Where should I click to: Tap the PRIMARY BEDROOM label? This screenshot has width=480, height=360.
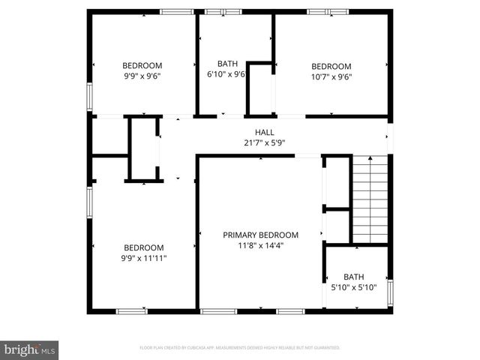click(x=261, y=235)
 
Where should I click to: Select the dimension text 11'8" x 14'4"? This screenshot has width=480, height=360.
click(x=261, y=244)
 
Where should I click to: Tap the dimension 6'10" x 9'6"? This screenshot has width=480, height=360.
click(x=227, y=74)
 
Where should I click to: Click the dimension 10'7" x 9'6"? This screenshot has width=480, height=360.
click(x=331, y=76)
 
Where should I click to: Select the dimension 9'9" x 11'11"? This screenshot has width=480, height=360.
click(x=143, y=258)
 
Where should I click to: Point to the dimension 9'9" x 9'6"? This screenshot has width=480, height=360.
click(x=142, y=76)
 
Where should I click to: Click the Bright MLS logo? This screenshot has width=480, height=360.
click(x=30, y=349)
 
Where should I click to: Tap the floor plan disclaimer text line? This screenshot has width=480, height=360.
click(x=240, y=348)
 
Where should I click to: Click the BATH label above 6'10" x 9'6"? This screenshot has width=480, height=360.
click(x=227, y=64)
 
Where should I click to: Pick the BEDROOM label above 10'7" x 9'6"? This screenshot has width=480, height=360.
click(x=331, y=66)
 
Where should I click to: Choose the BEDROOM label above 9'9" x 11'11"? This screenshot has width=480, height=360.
click(x=143, y=248)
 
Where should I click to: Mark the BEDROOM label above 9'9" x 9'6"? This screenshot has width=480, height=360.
click(x=142, y=66)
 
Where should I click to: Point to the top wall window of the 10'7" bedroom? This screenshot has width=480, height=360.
click(x=328, y=11)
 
